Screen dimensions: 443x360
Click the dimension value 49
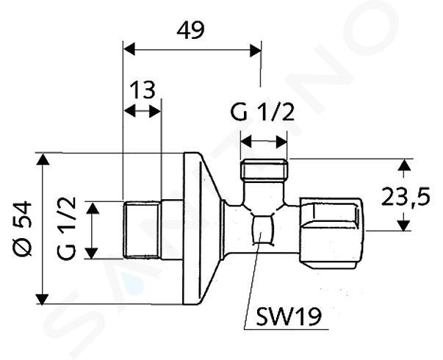coord(190,31)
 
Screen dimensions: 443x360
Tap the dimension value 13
coord(143,90)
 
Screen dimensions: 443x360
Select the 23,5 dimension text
coord(406,197)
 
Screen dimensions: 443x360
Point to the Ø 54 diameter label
coord(22,228)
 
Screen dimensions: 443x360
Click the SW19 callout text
coord(289,317)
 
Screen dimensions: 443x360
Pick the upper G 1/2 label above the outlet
coord(262,112)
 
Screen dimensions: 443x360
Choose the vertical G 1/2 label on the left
coord(67,228)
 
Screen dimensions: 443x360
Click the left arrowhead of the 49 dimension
coord(129,49)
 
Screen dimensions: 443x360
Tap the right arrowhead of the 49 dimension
coord(256,50)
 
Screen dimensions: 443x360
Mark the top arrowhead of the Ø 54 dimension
coord(43,159)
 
